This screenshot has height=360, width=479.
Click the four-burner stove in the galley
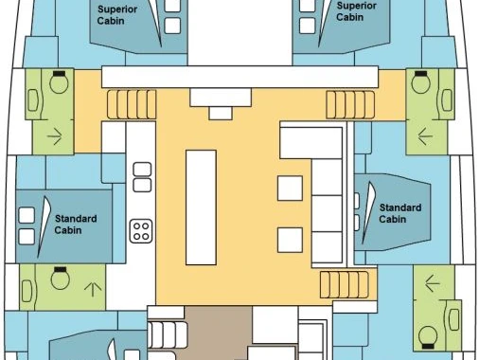click(x=141, y=231)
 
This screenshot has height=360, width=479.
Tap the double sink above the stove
click(x=142, y=177)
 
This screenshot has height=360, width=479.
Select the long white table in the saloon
click(x=201, y=207)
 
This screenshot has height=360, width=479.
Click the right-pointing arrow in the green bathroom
click(x=55, y=136)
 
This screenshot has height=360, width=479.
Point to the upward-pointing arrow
click(x=93, y=289)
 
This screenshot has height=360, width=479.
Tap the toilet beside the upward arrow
click(x=60, y=278)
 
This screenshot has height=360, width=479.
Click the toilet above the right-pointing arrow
click(x=59, y=82)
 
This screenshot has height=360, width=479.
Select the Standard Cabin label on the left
click(x=76, y=225)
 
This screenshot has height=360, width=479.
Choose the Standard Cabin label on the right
click(x=400, y=213)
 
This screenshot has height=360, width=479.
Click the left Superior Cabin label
click(x=116, y=15)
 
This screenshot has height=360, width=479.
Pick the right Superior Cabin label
click(x=356, y=11)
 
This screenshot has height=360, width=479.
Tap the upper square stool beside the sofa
click(x=290, y=189)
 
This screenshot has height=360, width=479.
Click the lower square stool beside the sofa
click(x=290, y=240)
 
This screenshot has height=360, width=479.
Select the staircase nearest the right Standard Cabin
click(x=345, y=284)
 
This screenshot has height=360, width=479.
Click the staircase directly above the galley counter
click(x=132, y=104)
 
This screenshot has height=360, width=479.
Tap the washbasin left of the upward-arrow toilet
click(x=27, y=291)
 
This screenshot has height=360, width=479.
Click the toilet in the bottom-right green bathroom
click(x=428, y=337)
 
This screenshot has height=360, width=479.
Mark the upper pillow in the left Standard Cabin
click(x=27, y=215)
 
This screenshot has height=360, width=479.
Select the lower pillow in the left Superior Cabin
click(x=172, y=26)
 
